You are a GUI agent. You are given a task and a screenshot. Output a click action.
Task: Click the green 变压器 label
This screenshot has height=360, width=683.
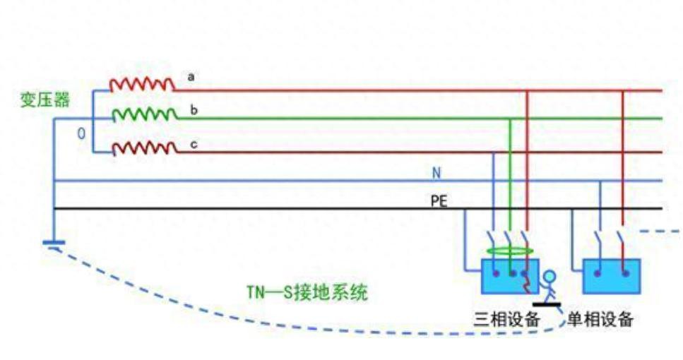[45, 100]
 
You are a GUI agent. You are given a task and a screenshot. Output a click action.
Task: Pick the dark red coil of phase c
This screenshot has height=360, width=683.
[144, 148]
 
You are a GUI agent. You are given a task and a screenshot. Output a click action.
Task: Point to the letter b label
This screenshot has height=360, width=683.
[192, 110]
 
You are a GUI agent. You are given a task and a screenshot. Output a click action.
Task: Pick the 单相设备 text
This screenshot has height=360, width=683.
[600, 320]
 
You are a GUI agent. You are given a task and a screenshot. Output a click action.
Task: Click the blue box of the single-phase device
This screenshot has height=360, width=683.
[611, 276]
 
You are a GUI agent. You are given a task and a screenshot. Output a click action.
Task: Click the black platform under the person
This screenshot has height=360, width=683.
[547, 305]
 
